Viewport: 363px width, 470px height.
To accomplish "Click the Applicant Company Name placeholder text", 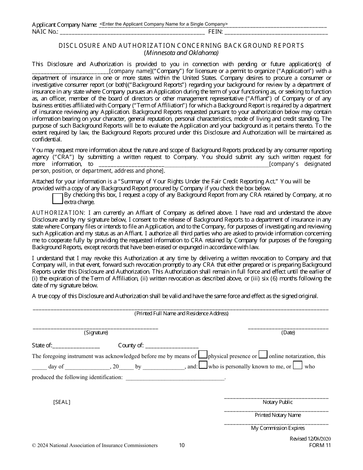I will [x=163, y=24].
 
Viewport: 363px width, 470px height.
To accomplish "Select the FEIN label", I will [x=215, y=32].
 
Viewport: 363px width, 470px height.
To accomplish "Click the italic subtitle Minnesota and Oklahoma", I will [x=181, y=53].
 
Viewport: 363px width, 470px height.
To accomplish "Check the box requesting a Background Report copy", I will [x=57, y=198].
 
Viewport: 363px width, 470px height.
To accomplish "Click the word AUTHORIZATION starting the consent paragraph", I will [x=58, y=213].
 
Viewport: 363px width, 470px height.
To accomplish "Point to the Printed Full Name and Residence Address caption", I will [x=181, y=313].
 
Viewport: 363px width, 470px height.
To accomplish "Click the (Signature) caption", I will [x=96, y=332].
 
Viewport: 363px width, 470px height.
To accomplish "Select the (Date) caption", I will [x=288, y=332].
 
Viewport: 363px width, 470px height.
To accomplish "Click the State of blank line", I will [x=76, y=346].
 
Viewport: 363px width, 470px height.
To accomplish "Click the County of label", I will [x=131, y=345].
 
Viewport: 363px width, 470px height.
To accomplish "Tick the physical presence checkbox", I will [x=203, y=355].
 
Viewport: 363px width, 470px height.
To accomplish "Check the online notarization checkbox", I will [x=263, y=355].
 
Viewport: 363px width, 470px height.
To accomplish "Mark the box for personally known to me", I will [x=203, y=365].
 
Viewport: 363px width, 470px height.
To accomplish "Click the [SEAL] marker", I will [x=62, y=402].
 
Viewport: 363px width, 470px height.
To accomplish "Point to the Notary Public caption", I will [x=277, y=402].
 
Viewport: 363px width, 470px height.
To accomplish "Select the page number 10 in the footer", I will [x=182, y=445].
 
